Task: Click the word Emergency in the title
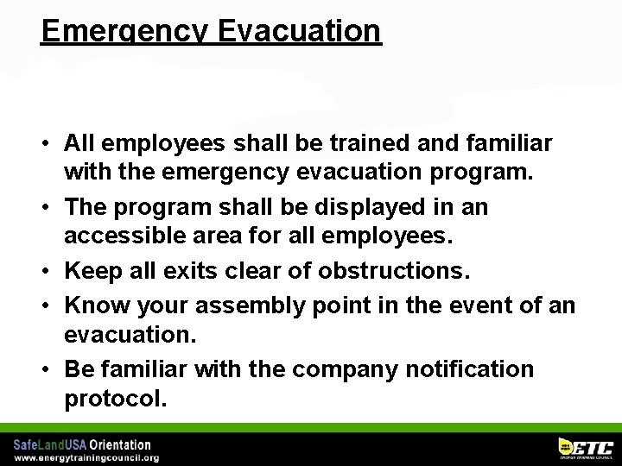pyautogui.click(x=124, y=31)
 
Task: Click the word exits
pyautogui.click(x=200, y=272)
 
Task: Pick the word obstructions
pyautogui.click(x=393, y=272)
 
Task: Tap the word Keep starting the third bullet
pyautogui.click(x=93, y=272)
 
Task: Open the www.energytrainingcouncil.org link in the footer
pyautogui.click(x=86, y=457)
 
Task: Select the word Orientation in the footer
pyautogui.click(x=114, y=444)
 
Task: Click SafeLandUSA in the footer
pyautogui.click(x=44, y=444)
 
